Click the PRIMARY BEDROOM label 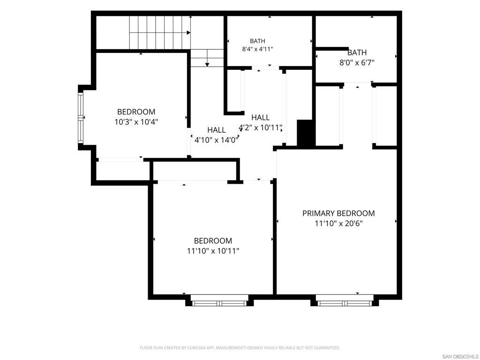338,213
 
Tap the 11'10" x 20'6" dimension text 338,224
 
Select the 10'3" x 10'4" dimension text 136,122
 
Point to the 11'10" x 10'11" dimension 213,251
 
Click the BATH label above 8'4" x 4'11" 257,41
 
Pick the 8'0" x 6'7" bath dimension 357,63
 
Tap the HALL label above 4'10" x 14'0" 217,130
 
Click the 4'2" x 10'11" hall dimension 260,127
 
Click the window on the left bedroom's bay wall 81,118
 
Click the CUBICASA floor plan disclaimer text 240,348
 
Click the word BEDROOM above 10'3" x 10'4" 136,112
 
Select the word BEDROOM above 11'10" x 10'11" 213,240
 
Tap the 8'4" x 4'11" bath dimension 257,49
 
